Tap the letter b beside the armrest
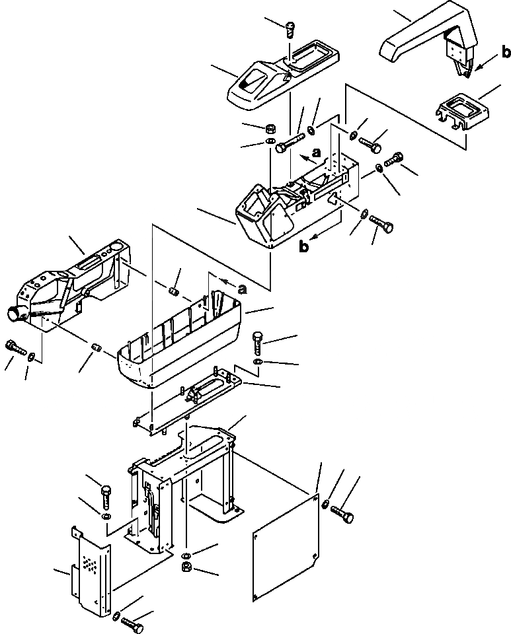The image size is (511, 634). tap(504, 51)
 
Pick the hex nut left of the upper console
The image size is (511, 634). tap(270, 127)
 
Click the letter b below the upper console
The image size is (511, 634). tap(303, 247)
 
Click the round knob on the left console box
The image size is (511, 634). tap(14, 313)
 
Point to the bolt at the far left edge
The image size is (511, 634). tap(13, 345)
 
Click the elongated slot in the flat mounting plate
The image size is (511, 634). tap(214, 387)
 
